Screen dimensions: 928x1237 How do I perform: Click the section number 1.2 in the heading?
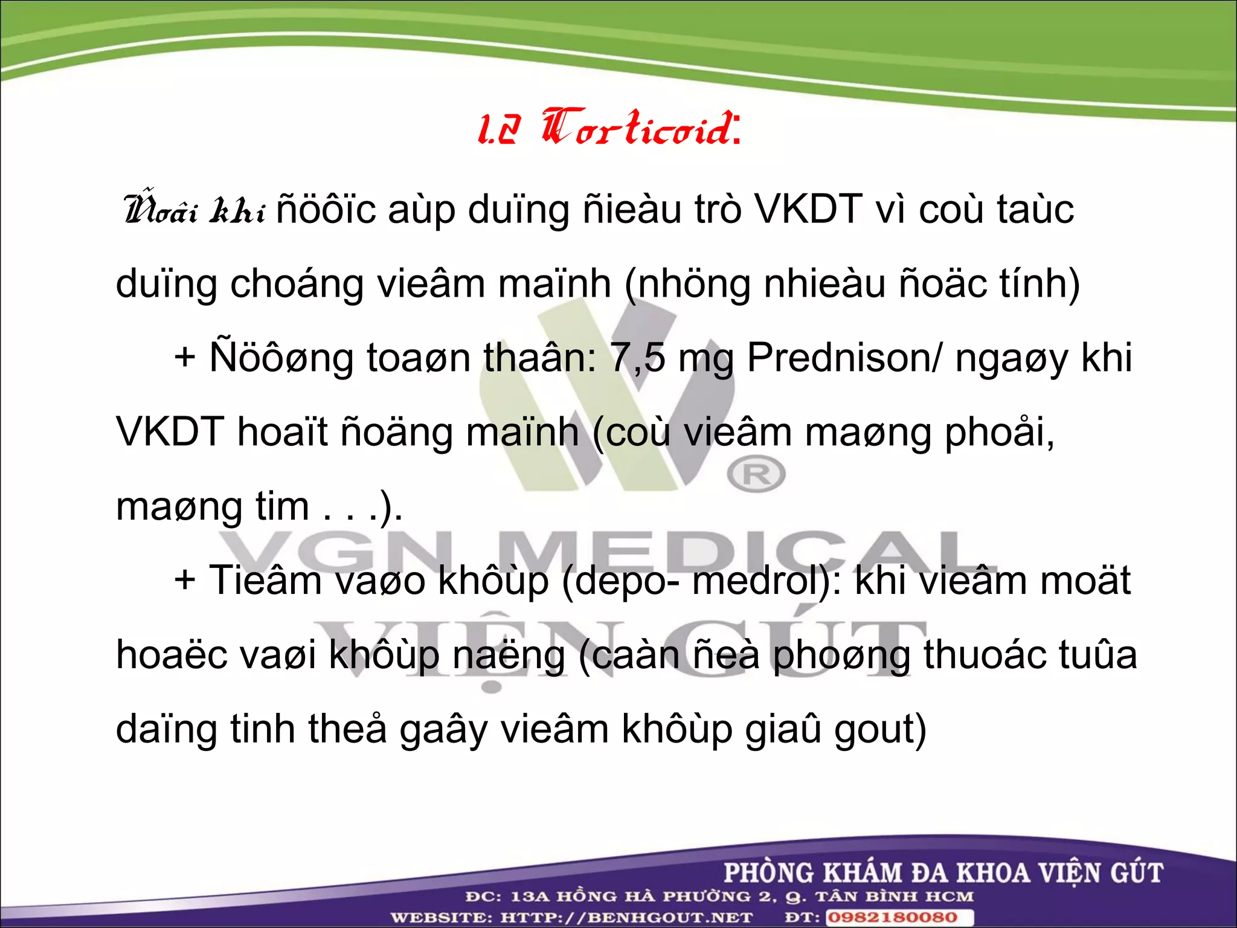click(x=498, y=130)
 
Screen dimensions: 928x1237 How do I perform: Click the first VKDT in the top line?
click(x=809, y=210)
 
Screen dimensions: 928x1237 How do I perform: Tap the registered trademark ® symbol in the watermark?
click(x=756, y=474)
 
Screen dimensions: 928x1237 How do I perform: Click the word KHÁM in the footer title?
click(x=864, y=873)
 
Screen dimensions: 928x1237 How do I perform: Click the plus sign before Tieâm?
click(x=185, y=581)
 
